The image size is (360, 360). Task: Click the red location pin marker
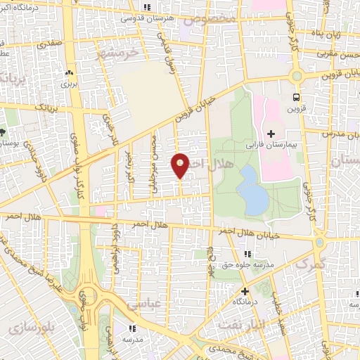click(x=180, y=165)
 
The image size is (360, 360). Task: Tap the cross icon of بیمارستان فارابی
click(x=271, y=134)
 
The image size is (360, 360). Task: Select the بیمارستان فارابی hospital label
click(x=272, y=145)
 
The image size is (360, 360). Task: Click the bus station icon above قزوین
click(x=296, y=97)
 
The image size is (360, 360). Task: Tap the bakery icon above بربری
click(x=69, y=73)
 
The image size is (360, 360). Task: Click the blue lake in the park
click(x=253, y=191)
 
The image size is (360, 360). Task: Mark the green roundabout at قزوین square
click(x=295, y=77)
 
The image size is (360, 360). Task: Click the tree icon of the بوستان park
click(x=3, y=131)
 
